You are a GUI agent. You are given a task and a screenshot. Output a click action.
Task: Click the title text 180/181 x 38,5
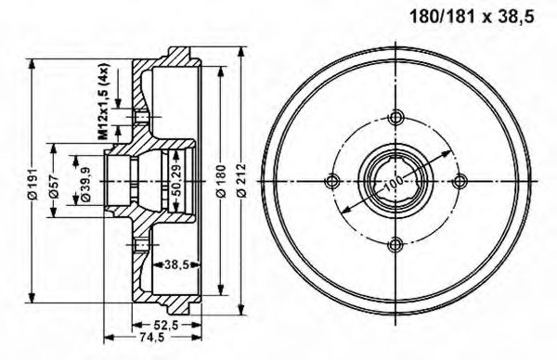[x=472, y=17]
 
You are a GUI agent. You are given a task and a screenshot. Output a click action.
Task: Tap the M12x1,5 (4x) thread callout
[x=103, y=101]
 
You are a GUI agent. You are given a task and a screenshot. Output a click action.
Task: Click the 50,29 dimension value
[x=176, y=181]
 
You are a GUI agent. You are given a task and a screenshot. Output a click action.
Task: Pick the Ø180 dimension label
[x=221, y=181]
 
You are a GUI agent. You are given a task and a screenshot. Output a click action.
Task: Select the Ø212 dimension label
[x=241, y=180]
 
